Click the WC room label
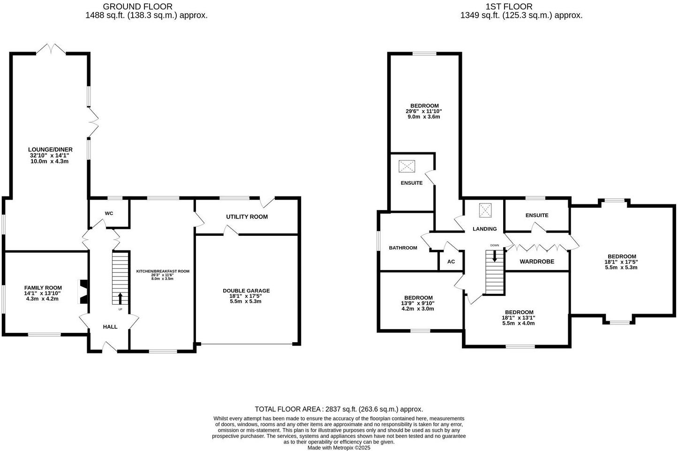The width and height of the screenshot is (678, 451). click(109, 213)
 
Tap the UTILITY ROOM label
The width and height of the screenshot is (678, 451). click(247, 217)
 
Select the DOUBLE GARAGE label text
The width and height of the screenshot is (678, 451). click(246, 291)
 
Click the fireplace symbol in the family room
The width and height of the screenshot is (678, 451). click(83, 292)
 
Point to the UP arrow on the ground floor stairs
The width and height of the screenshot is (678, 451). click(120, 298)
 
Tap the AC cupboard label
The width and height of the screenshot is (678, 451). click(451, 262)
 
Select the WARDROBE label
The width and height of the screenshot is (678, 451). click(537, 262)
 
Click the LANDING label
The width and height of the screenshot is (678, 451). click(484, 229)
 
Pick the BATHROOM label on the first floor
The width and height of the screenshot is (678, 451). click(403, 248)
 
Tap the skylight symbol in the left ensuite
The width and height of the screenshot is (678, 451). click(407, 166)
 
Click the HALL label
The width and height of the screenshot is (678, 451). click(110, 327)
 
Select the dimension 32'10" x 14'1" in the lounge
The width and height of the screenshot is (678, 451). click(48, 156)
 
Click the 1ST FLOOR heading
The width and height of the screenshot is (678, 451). click(509, 7)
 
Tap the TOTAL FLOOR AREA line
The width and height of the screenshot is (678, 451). click(339, 409)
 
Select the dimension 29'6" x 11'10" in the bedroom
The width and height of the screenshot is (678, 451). click(424, 112)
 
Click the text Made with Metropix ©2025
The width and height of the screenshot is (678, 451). click(339, 448)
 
